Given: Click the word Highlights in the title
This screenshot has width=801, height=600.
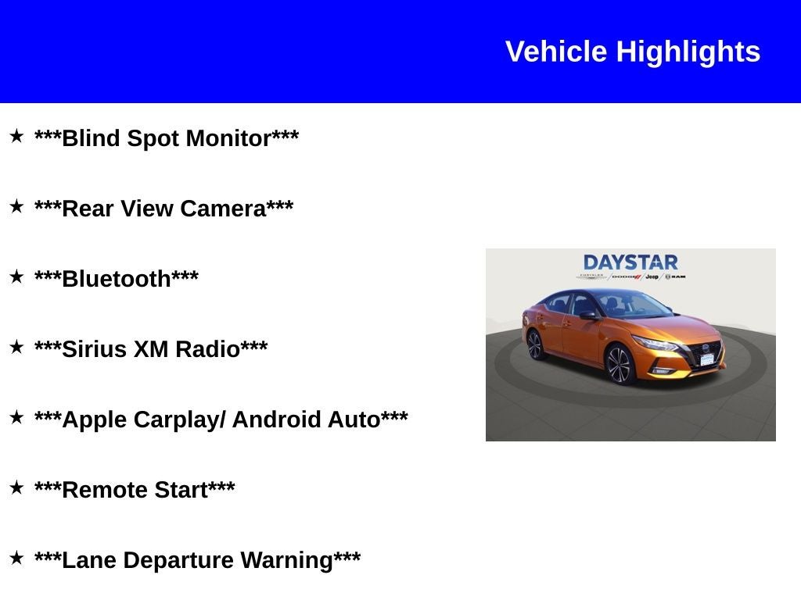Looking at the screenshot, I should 688,52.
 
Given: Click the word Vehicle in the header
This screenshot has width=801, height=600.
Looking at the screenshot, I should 556,52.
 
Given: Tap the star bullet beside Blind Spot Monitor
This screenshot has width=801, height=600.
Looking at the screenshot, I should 16,137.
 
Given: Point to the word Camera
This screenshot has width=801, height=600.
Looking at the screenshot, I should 223,209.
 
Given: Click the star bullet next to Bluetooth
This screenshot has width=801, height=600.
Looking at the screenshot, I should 16,277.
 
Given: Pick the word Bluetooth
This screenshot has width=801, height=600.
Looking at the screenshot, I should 116,279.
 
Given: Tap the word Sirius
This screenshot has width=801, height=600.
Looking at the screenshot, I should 94,349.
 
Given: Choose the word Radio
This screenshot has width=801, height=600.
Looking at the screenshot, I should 207,349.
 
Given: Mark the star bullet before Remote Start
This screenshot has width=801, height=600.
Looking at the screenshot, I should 16,488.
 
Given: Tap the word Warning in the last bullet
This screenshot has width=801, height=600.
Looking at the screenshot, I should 286,560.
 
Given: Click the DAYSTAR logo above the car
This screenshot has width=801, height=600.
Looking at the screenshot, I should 630,262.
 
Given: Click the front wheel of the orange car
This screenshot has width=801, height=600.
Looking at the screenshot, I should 619,365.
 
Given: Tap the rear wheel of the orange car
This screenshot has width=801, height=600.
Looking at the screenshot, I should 535,345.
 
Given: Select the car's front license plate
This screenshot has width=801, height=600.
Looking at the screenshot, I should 707,359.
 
